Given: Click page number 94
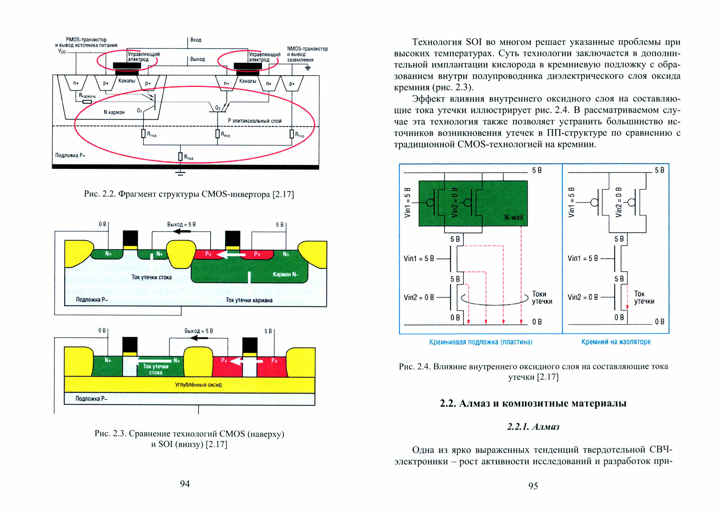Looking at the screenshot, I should [x=185, y=484].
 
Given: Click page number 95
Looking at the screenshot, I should [x=533, y=486].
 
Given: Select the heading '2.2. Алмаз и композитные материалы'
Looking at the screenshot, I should [x=533, y=403].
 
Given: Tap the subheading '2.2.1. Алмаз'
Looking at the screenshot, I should [x=533, y=426].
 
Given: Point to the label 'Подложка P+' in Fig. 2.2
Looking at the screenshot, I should [x=70, y=155].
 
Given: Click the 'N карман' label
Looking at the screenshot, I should [x=114, y=112].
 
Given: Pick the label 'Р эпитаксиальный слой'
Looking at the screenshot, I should [x=255, y=121].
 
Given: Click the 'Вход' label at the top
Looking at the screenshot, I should [x=196, y=40].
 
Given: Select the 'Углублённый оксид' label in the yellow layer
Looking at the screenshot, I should [x=198, y=384].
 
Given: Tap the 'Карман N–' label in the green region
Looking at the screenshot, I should [x=285, y=274].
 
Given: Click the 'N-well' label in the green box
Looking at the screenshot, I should [x=513, y=217].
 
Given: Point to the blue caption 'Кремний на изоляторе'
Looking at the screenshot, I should [x=615, y=342].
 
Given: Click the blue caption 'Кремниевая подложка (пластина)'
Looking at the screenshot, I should [x=481, y=342].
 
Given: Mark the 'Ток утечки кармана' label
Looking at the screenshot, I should [x=249, y=300].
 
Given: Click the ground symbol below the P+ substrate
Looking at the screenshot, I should [x=180, y=174].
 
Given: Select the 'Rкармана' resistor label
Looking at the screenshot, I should [x=87, y=96].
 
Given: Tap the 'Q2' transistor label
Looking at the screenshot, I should [x=217, y=108].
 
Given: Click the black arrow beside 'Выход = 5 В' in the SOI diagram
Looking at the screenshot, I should [x=199, y=338].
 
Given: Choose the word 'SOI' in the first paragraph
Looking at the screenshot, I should [x=473, y=42].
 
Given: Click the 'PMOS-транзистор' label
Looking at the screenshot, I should [x=86, y=40].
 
